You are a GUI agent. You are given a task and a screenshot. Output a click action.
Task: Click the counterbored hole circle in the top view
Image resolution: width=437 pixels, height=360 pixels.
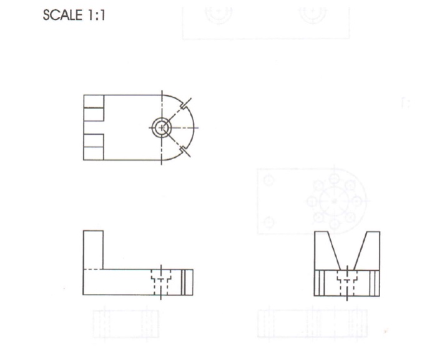[162, 127]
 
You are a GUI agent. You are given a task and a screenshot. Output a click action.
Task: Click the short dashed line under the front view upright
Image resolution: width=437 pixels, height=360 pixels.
[92, 269]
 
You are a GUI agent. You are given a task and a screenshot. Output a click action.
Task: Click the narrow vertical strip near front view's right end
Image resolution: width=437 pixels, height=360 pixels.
[187, 282]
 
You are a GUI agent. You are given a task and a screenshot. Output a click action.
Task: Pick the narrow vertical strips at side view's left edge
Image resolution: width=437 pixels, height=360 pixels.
[318, 283]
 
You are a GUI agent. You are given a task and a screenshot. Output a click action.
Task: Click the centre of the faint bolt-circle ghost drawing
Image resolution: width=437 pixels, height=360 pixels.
[334, 201]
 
